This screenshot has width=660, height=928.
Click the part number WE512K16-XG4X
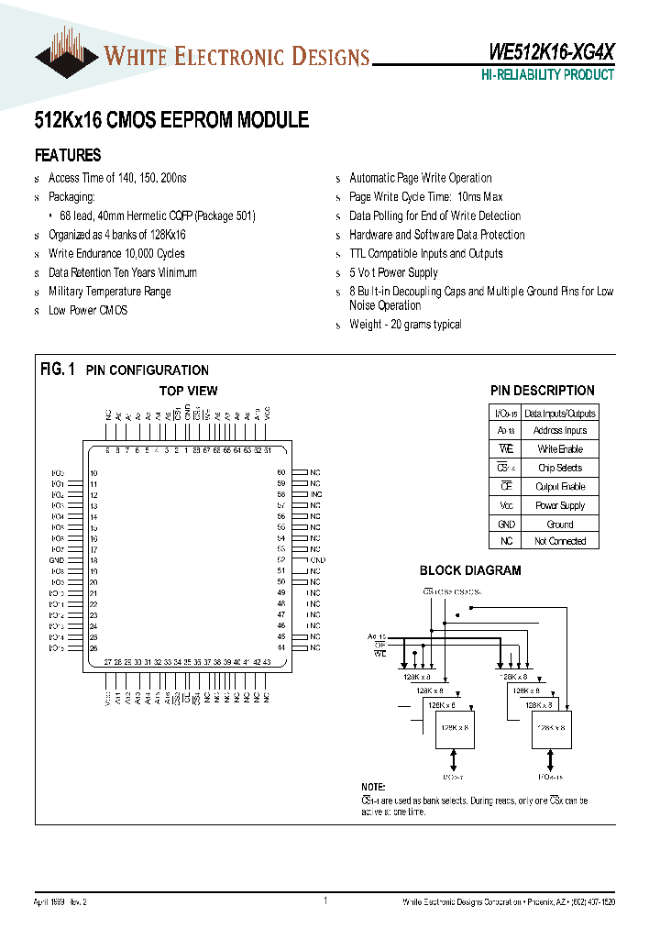(545, 54)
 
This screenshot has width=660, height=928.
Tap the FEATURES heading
(68, 155)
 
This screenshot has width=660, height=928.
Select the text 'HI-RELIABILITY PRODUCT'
(548, 75)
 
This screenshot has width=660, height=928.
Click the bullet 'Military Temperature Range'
(109, 292)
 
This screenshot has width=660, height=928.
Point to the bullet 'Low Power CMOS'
(87, 310)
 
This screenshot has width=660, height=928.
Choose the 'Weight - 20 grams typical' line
(405, 325)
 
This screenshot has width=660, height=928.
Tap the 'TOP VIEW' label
(189, 391)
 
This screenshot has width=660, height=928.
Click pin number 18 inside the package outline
(93, 559)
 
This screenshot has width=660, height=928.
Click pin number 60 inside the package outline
(281, 472)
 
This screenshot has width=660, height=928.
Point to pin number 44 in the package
(281, 647)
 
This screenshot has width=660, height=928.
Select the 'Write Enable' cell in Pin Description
(559, 449)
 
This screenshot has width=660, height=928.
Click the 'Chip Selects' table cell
(559, 468)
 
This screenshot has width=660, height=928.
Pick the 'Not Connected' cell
(559, 541)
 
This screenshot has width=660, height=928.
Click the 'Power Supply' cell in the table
(559, 505)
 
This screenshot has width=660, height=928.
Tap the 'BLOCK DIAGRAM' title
(470, 570)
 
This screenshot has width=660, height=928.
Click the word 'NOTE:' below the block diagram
(374, 788)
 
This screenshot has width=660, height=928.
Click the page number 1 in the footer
(325, 901)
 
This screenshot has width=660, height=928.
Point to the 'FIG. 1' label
(57, 370)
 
